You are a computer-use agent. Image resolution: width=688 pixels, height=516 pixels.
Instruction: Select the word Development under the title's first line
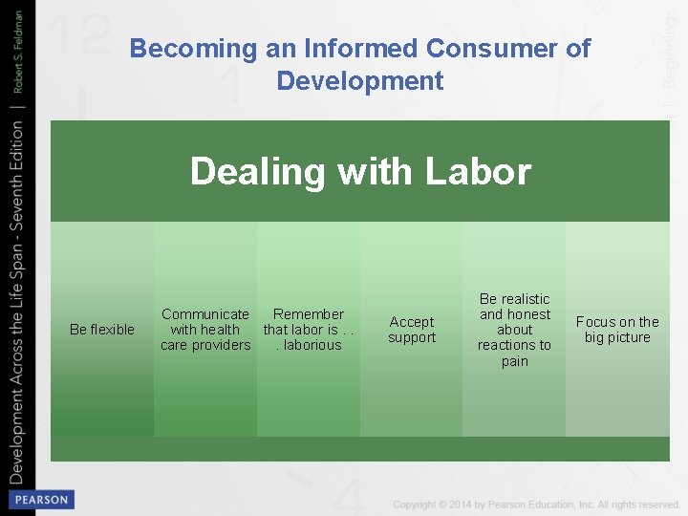click(360, 81)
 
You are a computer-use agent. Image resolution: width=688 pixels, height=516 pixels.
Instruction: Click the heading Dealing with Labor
click(360, 172)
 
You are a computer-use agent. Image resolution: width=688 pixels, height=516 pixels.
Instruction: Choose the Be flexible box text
click(102, 330)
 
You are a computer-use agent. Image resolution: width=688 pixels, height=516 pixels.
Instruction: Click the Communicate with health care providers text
click(205, 330)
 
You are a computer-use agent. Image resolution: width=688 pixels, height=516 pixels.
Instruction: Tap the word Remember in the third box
click(309, 314)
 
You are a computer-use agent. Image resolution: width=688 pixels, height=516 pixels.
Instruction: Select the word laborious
click(312, 345)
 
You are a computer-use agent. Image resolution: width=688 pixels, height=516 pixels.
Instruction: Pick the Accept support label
click(412, 330)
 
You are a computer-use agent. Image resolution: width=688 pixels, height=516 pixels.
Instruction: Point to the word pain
click(514, 361)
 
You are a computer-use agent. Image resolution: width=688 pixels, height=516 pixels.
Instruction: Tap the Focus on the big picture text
click(617, 330)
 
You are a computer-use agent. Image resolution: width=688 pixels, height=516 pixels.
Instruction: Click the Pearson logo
click(40, 500)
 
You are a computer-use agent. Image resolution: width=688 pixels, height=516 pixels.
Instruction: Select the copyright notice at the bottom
click(535, 505)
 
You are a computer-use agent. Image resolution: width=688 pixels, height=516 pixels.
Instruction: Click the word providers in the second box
click(222, 345)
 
